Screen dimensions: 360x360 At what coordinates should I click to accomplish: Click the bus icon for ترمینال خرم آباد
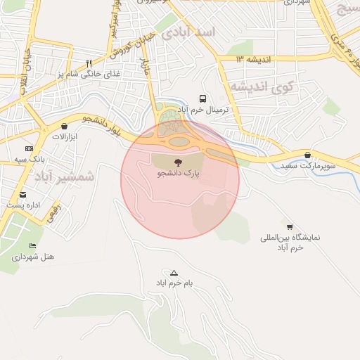(203, 99)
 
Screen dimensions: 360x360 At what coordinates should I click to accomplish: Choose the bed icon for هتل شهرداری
(32, 246)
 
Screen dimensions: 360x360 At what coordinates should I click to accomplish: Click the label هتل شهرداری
(32, 257)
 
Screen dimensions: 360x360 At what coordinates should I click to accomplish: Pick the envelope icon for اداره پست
(23, 195)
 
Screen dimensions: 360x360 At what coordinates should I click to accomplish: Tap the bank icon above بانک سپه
(29, 149)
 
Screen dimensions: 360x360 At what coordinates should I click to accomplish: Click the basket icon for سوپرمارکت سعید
(308, 155)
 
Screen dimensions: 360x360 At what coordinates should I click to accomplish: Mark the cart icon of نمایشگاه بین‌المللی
(290, 226)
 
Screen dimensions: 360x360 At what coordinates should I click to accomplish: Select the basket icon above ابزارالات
(65, 127)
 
